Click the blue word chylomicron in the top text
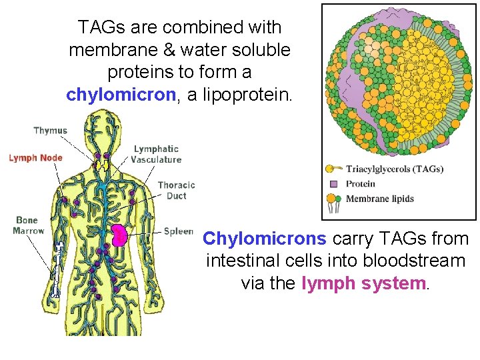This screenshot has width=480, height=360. coord(121,95)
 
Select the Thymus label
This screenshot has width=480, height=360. coord(50,131)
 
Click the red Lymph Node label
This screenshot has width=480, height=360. coord(35,158)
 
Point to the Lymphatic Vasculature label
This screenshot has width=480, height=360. coord(156,154)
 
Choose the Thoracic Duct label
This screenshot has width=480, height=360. coord(176,190)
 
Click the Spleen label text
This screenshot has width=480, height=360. coord(178,231)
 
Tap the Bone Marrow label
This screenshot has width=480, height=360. coord(28,225)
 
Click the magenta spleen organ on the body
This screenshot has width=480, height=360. coord(119,235)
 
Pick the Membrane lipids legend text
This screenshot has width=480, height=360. coord(380,199)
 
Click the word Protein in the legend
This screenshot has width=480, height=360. coord(361,184)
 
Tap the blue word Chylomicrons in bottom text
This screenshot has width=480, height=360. coord(264,239)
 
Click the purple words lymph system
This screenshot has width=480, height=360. coord(363,283)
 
